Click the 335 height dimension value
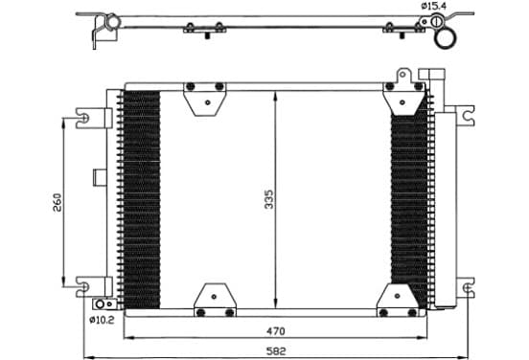tap(269, 199)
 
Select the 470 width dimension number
tap(276, 331)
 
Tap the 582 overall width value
tap(276, 351)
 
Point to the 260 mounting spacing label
tap(57, 202)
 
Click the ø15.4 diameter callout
tap(433, 6)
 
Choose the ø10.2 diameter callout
tap(102, 320)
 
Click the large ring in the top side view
tap(445, 38)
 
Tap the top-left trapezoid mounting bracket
tap(205, 100)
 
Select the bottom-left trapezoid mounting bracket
tap(215, 300)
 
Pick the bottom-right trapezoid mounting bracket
tap(398, 300)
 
